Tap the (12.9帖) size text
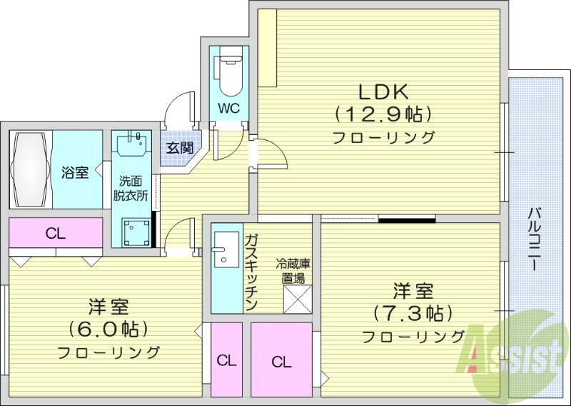click(382, 114)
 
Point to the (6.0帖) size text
click(108, 329)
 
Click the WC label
click(228, 109)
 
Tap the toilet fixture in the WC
click(229, 71)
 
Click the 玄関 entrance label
click(179, 149)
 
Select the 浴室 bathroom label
click(75, 172)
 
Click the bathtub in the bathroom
click(31, 169)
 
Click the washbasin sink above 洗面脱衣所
click(132, 143)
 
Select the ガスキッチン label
click(251, 272)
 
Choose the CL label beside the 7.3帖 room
click(281, 362)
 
